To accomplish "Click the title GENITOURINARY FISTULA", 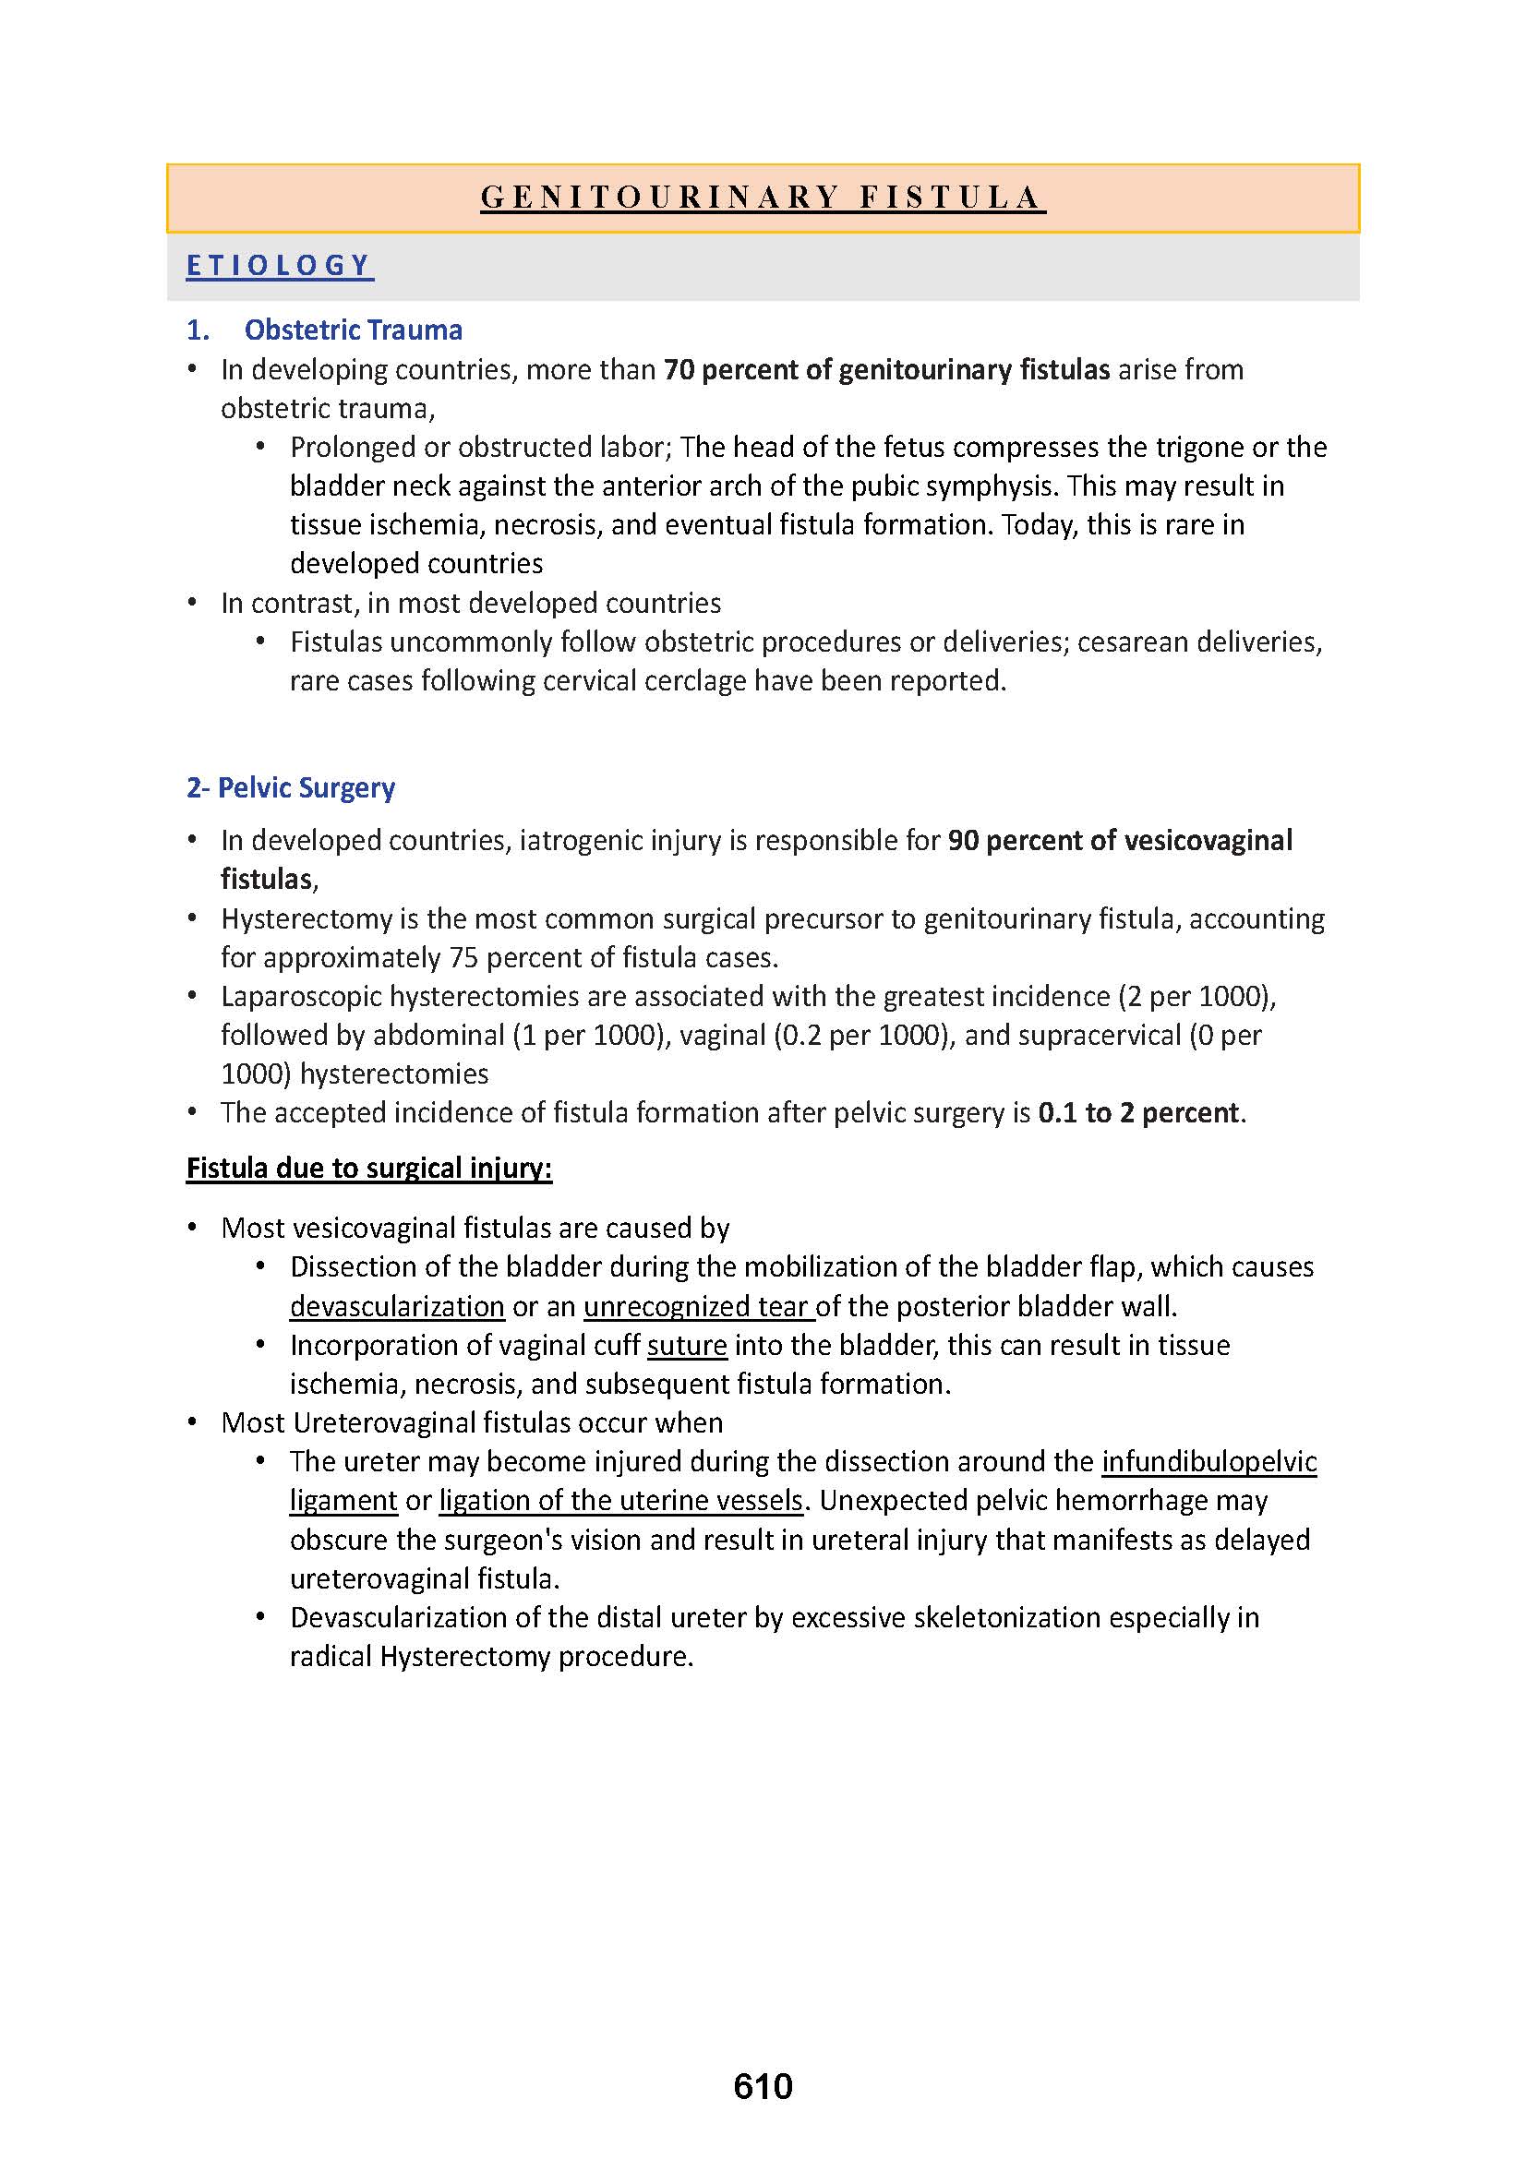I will [763, 198].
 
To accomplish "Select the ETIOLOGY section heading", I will [279, 266].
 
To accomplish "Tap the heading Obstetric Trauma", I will [353, 330].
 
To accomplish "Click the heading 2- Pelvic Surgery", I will [291, 787].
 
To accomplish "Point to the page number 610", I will [763, 2087].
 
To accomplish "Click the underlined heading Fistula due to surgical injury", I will [368, 1168].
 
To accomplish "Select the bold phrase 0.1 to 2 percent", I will [1138, 1113].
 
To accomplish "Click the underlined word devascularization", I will [397, 1306].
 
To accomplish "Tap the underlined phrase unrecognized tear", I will [697, 1306].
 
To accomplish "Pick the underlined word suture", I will [686, 1346].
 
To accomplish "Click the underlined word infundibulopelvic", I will [1209, 1461].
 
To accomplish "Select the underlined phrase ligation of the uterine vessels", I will [620, 1501].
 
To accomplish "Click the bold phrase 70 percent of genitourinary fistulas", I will [886, 369].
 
